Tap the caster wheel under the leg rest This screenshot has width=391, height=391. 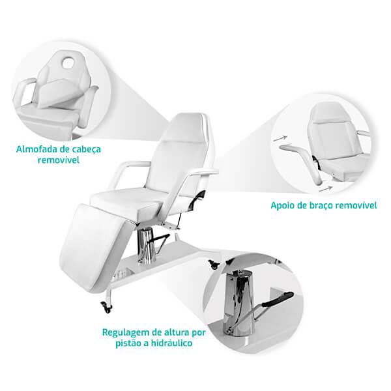tap(106, 307)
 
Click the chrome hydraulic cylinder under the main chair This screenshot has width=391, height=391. tap(147, 246)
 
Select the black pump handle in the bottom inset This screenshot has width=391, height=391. tap(278, 300)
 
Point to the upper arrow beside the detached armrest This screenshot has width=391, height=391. tap(280, 138)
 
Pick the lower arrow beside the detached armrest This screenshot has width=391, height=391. tap(326, 189)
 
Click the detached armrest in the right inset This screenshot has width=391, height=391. tap(302, 162)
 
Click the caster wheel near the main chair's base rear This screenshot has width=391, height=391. tap(212, 265)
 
